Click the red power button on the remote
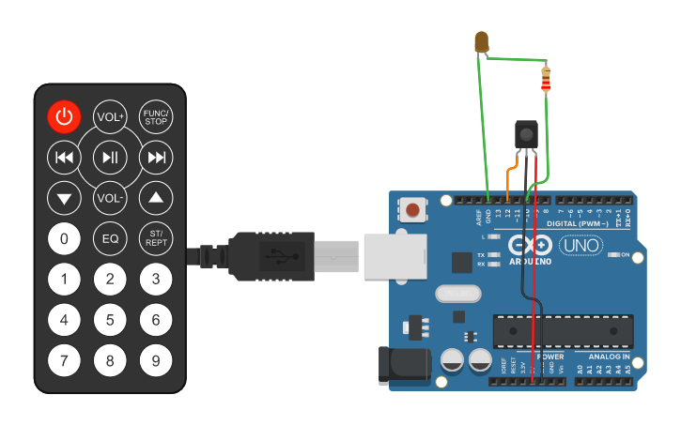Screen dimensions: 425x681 64,116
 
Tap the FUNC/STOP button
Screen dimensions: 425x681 156,116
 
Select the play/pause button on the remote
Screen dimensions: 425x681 110,158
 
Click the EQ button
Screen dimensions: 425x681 110,238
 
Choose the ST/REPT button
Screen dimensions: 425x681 156,238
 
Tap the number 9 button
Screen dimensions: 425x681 156,359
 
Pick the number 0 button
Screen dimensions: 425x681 64,238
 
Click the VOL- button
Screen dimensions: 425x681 110,198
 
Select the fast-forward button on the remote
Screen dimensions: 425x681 156,158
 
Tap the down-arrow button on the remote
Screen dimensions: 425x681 64,198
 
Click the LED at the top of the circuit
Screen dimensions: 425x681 483,41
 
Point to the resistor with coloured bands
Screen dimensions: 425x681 547,80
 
